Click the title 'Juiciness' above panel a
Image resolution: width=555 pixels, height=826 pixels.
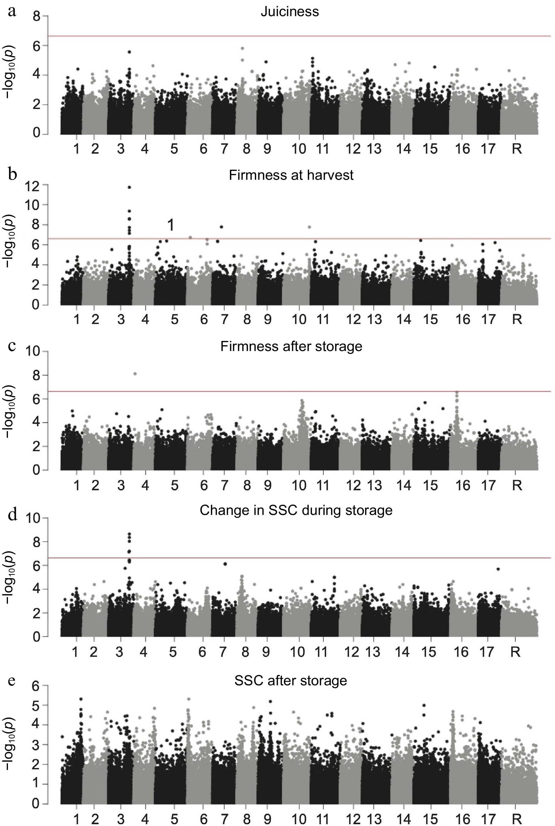tap(290, 12)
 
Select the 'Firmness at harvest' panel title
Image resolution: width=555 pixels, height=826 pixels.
tap(291, 175)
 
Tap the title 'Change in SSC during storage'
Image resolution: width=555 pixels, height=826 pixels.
tap(296, 510)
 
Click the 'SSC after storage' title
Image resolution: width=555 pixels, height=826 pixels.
tap(291, 681)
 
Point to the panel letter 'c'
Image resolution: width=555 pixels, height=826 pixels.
tap(12, 345)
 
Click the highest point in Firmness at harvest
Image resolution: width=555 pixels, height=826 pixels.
tap(129, 187)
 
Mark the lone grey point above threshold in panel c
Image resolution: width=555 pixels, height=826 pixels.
tap(135, 374)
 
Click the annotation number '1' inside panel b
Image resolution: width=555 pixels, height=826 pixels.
tap(171, 225)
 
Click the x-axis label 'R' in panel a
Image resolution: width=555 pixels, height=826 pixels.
tap(517, 149)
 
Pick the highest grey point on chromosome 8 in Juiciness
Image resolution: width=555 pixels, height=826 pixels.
tap(243, 48)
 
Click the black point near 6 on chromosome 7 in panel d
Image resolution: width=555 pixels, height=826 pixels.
tap(225, 564)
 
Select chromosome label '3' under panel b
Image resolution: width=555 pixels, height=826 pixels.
tap(121, 320)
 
